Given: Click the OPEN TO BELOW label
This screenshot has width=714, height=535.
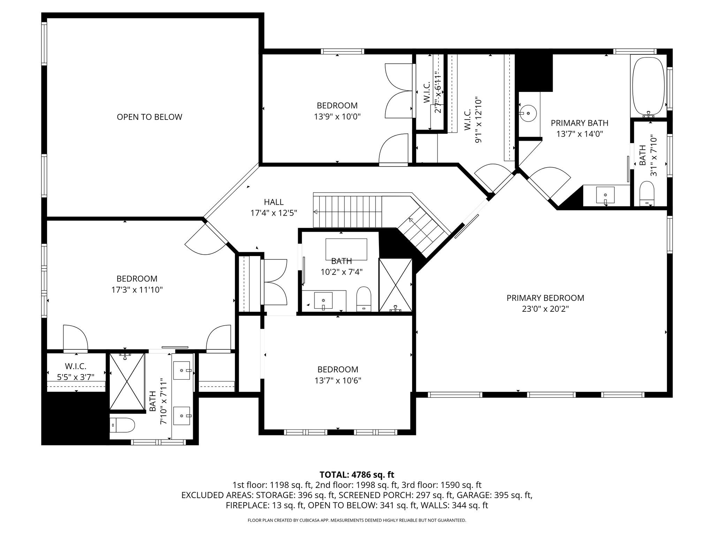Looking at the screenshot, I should tap(149, 117).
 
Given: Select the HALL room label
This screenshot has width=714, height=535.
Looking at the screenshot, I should tap(274, 202).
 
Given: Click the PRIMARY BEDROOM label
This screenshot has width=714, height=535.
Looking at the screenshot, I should tap(545, 298).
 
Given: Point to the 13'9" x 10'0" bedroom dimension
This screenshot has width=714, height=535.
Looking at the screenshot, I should tap(337, 116).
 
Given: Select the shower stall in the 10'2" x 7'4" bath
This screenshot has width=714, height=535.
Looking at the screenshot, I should tap(396, 285).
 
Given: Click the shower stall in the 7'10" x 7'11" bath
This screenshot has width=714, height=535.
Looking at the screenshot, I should tap(127, 381).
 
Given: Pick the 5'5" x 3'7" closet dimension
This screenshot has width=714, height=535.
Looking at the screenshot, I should tap(76, 377).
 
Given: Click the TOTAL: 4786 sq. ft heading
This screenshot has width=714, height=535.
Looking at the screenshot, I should tap(357, 474).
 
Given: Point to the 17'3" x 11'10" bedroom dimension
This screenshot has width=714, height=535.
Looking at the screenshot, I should tap(137, 289).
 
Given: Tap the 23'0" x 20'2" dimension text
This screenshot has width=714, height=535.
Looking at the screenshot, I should tap(545, 309).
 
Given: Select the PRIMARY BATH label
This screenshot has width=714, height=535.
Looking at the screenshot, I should tap(579, 123).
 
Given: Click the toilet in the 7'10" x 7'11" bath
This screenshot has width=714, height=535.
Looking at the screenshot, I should tap(123, 425).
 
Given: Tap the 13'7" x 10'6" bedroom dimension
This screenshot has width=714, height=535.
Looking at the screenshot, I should tap(337, 380).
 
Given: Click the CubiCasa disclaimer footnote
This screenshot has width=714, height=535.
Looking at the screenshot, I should tap(357, 520).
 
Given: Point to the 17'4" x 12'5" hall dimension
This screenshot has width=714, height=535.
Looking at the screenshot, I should tap(274, 213).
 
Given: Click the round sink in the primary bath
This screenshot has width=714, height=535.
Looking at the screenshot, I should tap(529, 113).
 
